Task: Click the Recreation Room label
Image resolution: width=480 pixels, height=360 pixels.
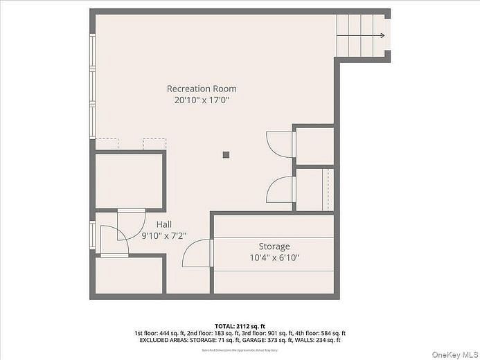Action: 202,89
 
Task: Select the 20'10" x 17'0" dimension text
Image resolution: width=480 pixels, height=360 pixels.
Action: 202,100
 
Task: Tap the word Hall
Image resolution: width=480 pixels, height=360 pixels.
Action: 164,224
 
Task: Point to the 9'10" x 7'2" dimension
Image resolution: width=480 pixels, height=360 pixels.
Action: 164,235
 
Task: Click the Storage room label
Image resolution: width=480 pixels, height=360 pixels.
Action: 274,246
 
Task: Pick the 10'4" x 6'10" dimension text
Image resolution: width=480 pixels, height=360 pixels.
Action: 274,258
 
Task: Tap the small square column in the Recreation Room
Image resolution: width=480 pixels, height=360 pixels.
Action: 226,155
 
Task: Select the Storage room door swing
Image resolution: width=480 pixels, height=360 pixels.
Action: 197,253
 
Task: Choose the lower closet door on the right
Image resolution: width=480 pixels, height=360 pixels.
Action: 280,189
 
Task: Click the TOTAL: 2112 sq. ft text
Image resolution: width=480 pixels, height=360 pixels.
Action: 240,325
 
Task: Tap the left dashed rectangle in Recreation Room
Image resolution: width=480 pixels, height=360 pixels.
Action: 107,143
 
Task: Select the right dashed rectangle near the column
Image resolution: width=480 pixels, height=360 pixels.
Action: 154,143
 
